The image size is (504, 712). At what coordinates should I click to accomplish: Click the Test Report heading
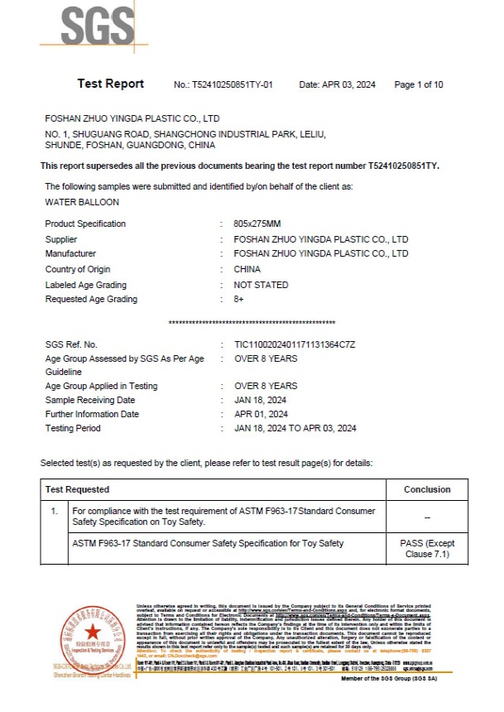pos(111,84)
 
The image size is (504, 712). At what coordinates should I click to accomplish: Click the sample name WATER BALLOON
pos(82,201)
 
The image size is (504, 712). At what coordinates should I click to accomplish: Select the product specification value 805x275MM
pos(257,224)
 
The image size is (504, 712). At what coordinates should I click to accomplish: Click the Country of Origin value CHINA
pos(247,269)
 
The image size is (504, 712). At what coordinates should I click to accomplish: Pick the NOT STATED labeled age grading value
pos(262,285)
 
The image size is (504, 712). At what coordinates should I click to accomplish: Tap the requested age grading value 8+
pos(240,300)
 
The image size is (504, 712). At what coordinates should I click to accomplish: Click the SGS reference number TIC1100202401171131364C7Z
pos(295,344)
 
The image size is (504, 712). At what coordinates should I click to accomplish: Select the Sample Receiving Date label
pos(90,400)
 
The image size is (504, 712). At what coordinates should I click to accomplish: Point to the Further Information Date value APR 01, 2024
pos(262,414)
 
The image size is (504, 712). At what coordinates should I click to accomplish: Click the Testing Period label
pos(73,428)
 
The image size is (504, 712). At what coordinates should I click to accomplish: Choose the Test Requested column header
pos(77,489)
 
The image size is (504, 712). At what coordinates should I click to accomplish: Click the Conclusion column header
pos(427,489)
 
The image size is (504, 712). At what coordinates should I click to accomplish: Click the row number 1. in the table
pos(55,512)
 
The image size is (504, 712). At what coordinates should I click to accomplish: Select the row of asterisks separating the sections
pos(252,322)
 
